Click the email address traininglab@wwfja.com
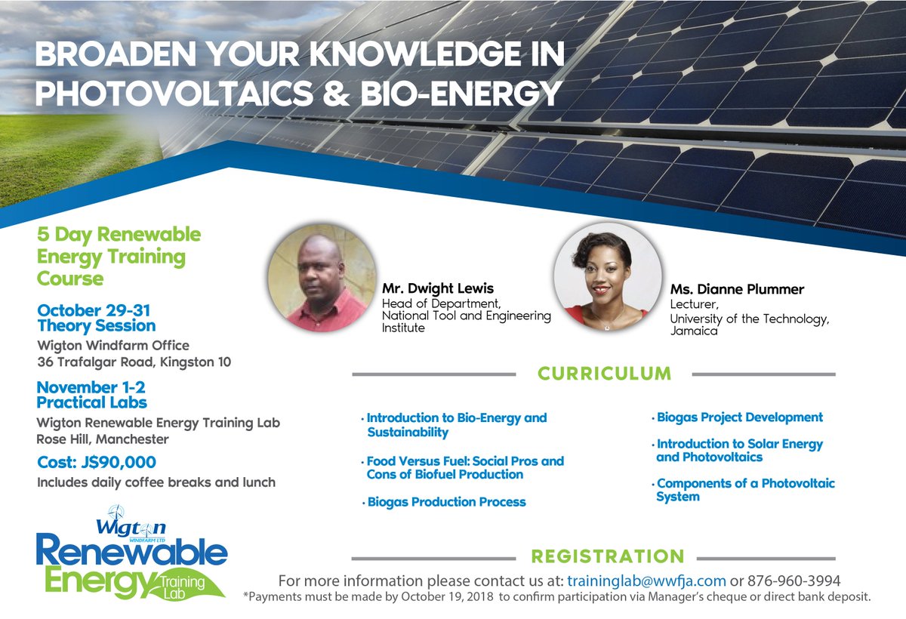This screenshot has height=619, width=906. (x=646, y=581)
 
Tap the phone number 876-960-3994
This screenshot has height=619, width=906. (x=794, y=581)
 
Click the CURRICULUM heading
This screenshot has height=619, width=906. (x=604, y=374)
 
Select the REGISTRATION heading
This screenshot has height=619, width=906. (x=608, y=556)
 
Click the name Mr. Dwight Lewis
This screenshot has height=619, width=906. (x=438, y=288)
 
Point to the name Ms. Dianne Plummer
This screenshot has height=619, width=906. (x=737, y=289)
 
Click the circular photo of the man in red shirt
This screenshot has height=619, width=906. (x=322, y=278)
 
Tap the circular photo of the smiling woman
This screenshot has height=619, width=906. (x=608, y=277)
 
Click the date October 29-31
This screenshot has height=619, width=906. (x=94, y=310)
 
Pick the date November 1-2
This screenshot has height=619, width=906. (x=91, y=387)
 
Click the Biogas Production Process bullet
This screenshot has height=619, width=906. (x=444, y=502)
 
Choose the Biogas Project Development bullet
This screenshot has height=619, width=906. (x=738, y=417)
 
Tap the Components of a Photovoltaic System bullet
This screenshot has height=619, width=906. (x=744, y=490)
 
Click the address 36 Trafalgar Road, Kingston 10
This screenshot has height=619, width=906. (x=134, y=362)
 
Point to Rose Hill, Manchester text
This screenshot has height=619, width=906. (x=103, y=439)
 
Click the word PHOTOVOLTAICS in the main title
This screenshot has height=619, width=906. (x=174, y=93)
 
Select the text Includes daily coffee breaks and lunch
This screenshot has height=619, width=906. (x=156, y=482)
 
